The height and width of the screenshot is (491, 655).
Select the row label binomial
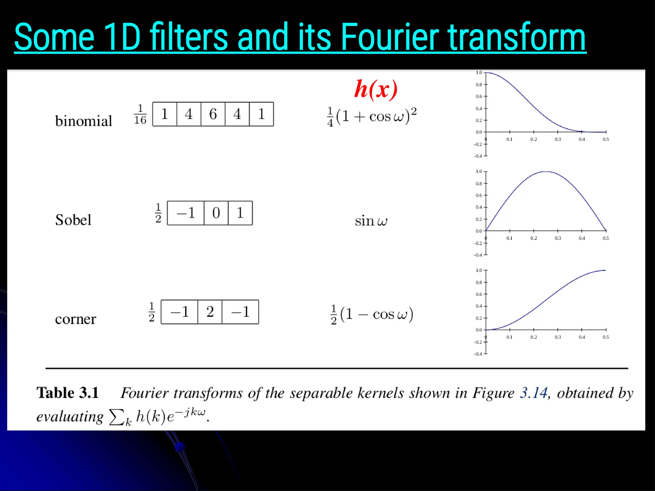(83, 121)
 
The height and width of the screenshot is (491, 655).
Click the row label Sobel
(73, 220)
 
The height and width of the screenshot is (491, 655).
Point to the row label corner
(75, 319)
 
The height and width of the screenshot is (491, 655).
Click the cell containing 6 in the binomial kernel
(213, 114)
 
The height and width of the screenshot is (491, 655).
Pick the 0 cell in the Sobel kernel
(216, 213)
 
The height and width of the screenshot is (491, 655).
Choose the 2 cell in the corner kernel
(210, 312)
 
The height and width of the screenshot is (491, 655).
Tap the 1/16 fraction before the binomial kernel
(140, 114)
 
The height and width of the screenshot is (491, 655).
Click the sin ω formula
(371, 221)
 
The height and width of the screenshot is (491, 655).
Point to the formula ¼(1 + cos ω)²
(372, 116)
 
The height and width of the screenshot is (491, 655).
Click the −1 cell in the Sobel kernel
(185, 213)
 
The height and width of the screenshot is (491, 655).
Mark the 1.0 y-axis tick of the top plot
(479, 73)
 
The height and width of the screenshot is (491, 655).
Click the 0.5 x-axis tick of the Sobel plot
(606, 238)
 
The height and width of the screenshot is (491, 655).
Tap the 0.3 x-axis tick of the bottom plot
(558, 337)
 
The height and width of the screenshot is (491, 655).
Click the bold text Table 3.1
(67, 393)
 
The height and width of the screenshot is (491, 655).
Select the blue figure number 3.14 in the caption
(533, 393)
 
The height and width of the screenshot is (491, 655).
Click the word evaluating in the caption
(70, 417)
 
